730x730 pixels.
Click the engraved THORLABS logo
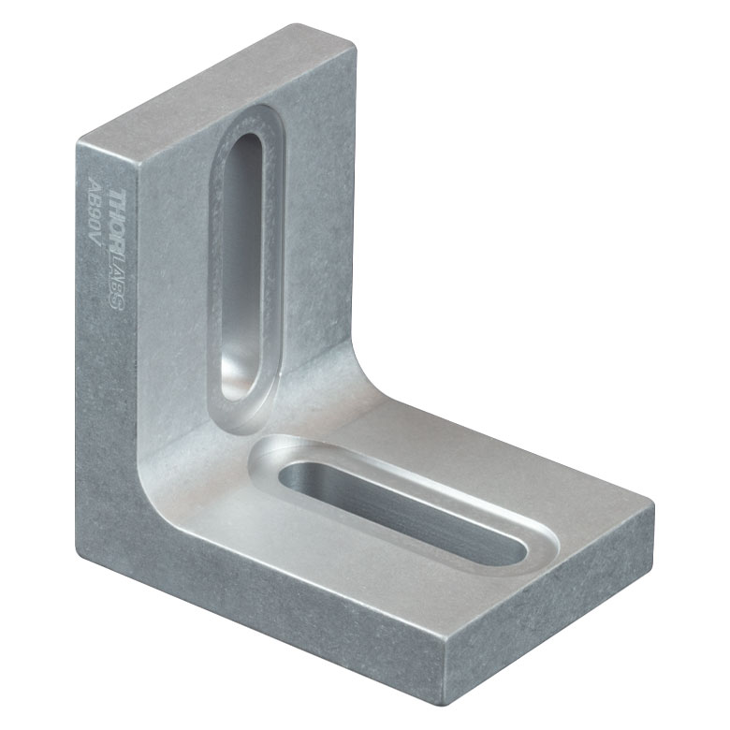[x=117, y=249]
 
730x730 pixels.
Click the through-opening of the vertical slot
[x=241, y=267]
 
